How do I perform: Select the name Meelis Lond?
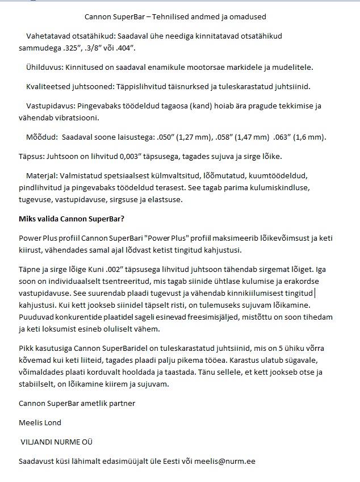tap(40, 422)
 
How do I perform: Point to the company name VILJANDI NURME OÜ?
tap(56, 441)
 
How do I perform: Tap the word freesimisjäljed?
tap(187, 319)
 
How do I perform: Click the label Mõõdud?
tap(42, 137)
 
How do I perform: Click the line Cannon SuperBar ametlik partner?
tap(77, 403)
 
